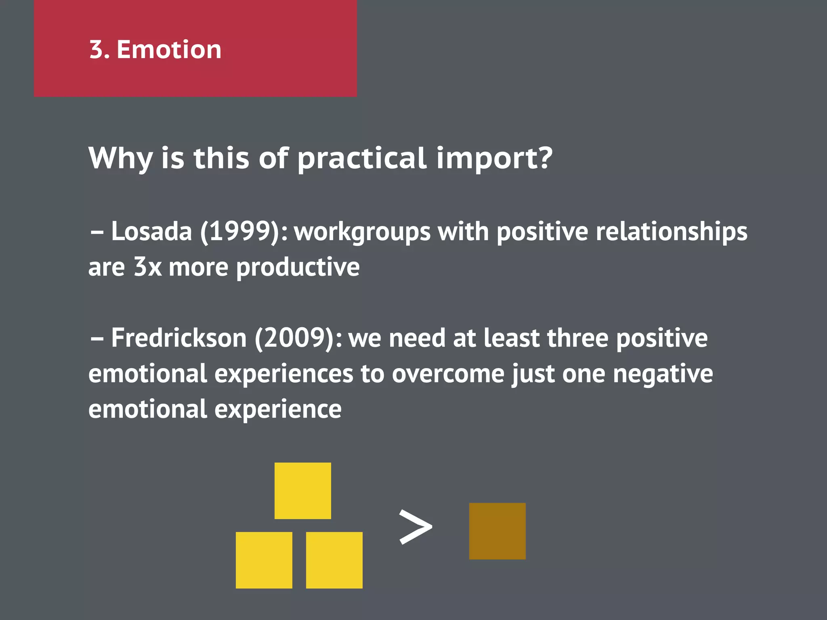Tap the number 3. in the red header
pyautogui.click(x=99, y=50)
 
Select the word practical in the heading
pyautogui.click(x=362, y=158)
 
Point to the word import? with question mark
pyautogui.click(x=494, y=158)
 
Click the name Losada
pyautogui.click(x=151, y=232)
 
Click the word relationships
pyautogui.click(x=671, y=232)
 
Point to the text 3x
pyautogui.click(x=147, y=267)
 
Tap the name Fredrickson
pyautogui.click(x=178, y=338)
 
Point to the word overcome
pyautogui.click(x=448, y=374)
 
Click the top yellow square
pyautogui.click(x=302, y=491)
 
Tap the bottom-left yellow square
pyautogui.click(x=264, y=560)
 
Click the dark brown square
pyautogui.click(x=497, y=531)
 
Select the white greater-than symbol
pyautogui.click(x=415, y=527)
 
